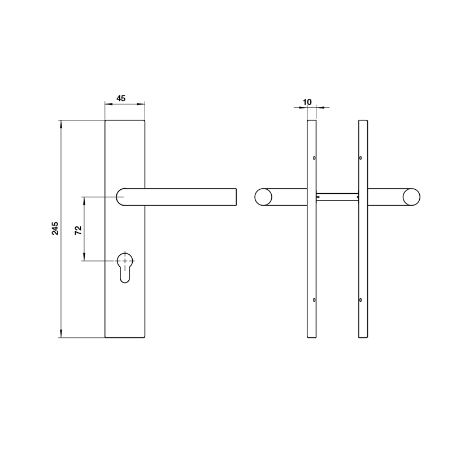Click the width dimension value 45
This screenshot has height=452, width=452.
point(120,98)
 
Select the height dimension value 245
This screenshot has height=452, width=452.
point(55,228)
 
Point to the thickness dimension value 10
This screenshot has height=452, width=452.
point(307,102)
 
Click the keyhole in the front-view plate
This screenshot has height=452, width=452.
point(125,266)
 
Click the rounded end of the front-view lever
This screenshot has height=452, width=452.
point(121,197)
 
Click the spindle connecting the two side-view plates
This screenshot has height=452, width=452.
point(337,197)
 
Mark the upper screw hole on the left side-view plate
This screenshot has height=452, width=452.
point(314,159)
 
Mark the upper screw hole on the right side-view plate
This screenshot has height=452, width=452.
point(360,159)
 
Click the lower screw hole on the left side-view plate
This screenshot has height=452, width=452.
point(314,300)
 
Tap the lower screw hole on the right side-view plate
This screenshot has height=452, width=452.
point(360,300)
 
